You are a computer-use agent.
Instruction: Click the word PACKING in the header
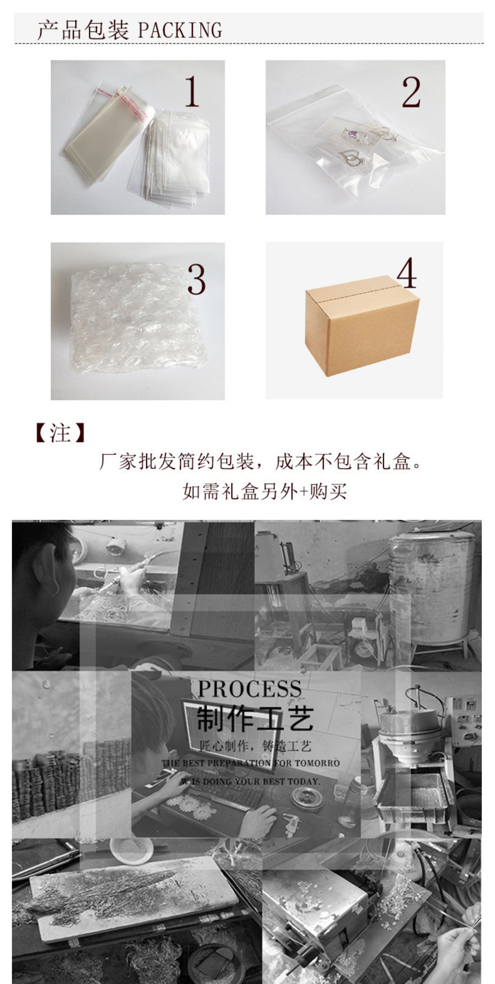pyautogui.click(x=179, y=30)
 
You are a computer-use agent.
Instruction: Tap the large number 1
pyautogui.click(x=192, y=92)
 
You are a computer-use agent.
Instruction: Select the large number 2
pyautogui.click(x=411, y=93)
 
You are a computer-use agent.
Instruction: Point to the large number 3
pyautogui.click(x=196, y=279)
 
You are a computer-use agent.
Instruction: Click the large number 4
pyautogui.click(x=407, y=273)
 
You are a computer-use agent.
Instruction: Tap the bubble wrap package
pyautogui.click(x=135, y=319)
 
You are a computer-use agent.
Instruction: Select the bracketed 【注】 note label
pyautogui.click(x=60, y=433)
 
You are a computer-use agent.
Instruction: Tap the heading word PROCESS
pyautogui.click(x=249, y=689)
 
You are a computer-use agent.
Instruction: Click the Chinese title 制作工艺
pyautogui.click(x=254, y=718)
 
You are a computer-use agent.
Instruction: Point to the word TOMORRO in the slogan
pyautogui.click(x=316, y=764)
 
